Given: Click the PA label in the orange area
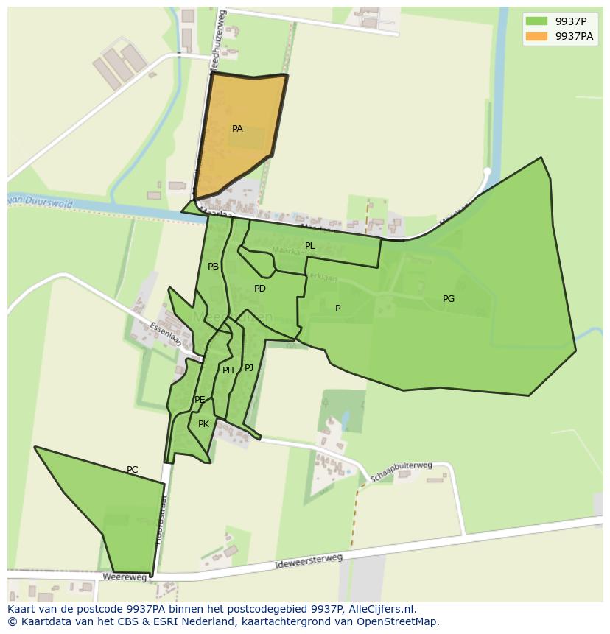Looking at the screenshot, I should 237,129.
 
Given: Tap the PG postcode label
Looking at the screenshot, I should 449,299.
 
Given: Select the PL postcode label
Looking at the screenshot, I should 310,246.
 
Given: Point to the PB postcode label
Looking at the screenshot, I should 213,267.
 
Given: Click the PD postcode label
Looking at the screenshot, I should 260,289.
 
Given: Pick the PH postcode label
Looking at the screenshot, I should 228,370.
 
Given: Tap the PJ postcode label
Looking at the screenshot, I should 249,367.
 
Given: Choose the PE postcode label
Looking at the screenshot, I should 200,400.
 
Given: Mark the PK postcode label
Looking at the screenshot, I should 204,424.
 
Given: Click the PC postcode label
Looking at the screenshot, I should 132,470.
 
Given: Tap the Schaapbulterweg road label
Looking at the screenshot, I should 401,471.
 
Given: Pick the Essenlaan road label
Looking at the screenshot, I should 164,334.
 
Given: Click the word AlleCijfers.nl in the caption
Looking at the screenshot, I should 381,609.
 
